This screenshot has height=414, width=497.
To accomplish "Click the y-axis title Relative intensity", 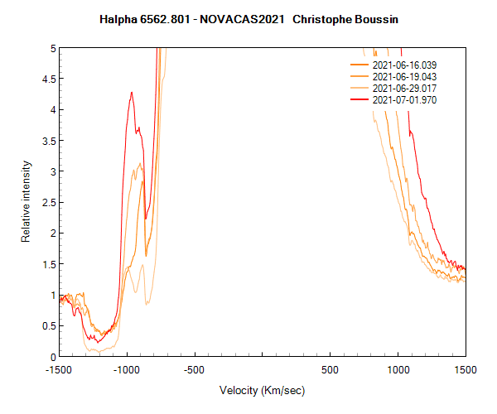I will pos(26,202).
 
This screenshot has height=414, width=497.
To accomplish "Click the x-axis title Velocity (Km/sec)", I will pos(262,390).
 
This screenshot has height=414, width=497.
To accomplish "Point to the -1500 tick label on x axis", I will pos(60,369).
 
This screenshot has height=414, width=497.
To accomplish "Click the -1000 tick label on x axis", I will pos(127,369).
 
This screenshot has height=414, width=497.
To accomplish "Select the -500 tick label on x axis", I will pos(195,369).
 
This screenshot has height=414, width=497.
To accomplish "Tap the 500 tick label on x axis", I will pos(330,369).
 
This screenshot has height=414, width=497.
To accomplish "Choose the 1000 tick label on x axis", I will pos(398,369).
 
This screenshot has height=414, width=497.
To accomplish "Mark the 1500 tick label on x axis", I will pos(465,369).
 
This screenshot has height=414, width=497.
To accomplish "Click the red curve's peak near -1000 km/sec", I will pos(132,93).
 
